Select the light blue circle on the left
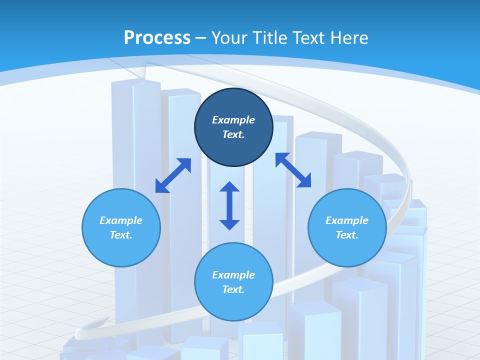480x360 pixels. (121, 227)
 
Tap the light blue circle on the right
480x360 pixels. (347, 227)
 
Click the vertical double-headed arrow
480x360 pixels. (229, 205)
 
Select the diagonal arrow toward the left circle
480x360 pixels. (173, 175)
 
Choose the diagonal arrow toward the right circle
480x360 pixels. (293, 170)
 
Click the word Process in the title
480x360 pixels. (157, 37)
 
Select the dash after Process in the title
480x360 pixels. (201, 38)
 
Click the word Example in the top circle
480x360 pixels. (233, 120)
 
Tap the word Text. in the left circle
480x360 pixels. (121, 235)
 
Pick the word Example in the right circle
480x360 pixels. (347, 220)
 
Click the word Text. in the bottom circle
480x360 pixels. (233, 289)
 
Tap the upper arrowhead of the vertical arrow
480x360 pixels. (229, 187)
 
